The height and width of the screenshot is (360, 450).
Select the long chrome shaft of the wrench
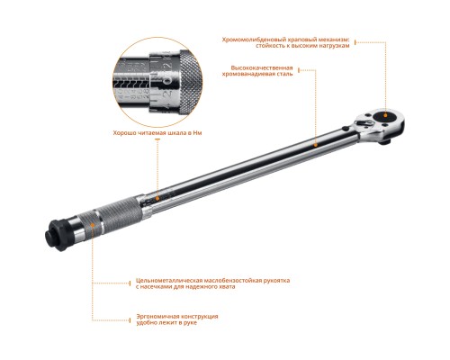click(x=261, y=157)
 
